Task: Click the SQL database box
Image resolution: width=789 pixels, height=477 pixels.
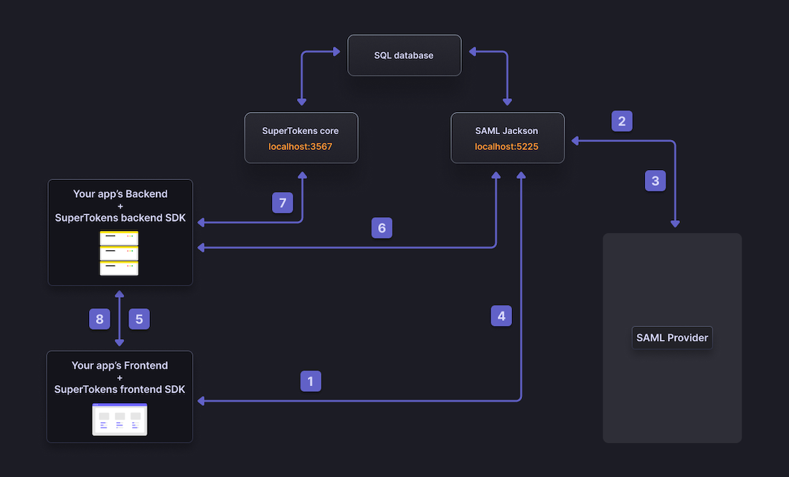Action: click(x=404, y=55)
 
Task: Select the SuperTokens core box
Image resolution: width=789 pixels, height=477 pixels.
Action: click(x=301, y=138)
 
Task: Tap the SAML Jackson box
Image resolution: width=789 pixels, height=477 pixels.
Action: click(x=507, y=138)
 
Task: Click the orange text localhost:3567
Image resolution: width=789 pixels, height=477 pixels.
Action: click(x=301, y=146)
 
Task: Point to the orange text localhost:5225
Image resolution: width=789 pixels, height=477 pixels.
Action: click(x=507, y=146)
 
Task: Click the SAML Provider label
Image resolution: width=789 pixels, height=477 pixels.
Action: click(x=672, y=338)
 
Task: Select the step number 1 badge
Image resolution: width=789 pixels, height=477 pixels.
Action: click(x=311, y=382)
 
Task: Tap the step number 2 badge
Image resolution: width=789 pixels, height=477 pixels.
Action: click(x=622, y=121)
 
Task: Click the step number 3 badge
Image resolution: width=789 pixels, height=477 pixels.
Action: click(x=655, y=181)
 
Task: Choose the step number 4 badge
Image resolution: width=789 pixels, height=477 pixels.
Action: click(x=501, y=316)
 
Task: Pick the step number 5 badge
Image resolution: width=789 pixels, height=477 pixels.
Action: click(x=139, y=319)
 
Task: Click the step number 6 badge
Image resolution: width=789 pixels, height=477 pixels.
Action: click(x=382, y=228)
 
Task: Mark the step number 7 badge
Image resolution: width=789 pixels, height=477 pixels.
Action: click(x=283, y=203)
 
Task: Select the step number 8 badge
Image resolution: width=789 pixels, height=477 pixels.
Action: click(x=100, y=319)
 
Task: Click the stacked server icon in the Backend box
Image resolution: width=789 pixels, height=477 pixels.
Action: click(x=119, y=252)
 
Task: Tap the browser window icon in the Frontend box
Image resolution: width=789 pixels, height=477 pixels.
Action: click(x=120, y=420)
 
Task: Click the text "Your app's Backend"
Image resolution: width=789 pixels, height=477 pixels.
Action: click(x=121, y=194)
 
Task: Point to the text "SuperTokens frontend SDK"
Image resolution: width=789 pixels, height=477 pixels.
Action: click(x=120, y=389)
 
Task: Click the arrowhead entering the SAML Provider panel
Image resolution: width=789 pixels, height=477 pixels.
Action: click(x=675, y=225)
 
